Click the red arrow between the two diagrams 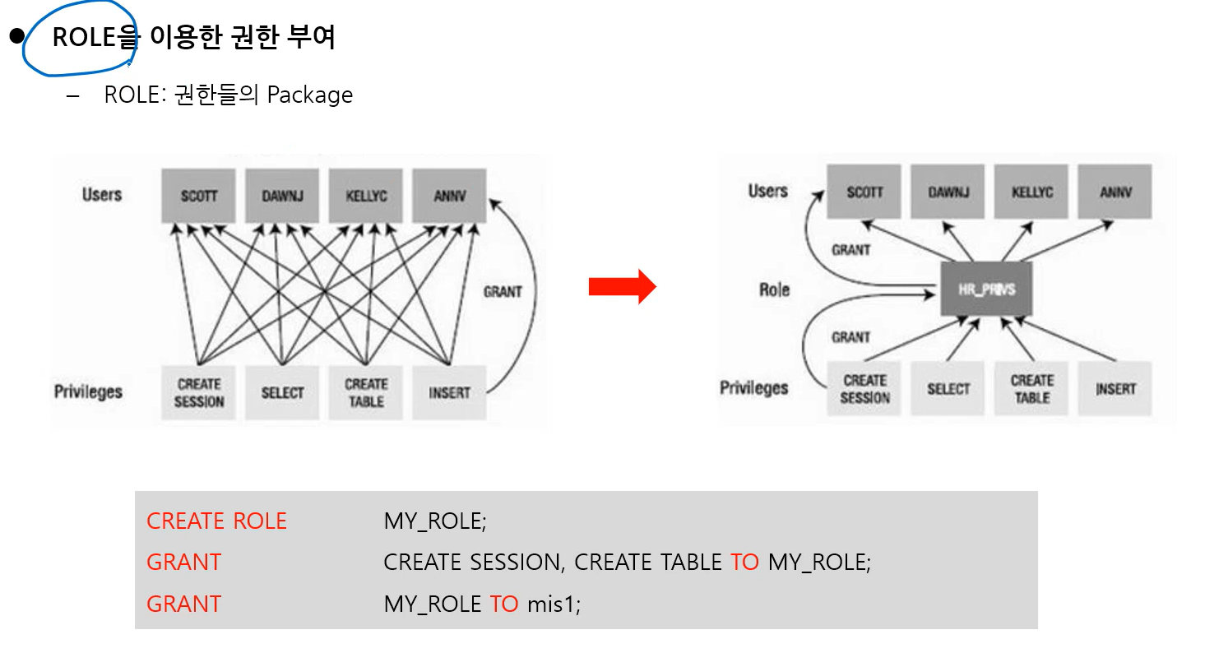click(x=622, y=286)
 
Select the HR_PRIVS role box click(x=986, y=289)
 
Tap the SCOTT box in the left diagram click(x=198, y=197)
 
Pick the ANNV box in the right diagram click(x=1115, y=192)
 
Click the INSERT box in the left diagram click(x=449, y=393)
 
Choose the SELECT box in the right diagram click(x=948, y=389)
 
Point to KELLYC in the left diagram click(x=366, y=197)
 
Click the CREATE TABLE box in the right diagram click(x=1031, y=389)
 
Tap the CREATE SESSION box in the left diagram click(x=199, y=393)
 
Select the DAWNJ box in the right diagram click(x=948, y=192)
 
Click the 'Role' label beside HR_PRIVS click(x=774, y=289)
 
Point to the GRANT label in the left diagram click(x=503, y=292)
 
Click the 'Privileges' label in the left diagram click(x=88, y=391)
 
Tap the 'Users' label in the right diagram click(x=768, y=192)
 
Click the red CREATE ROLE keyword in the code click(x=216, y=521)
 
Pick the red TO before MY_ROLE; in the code click(x=744, y=563)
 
